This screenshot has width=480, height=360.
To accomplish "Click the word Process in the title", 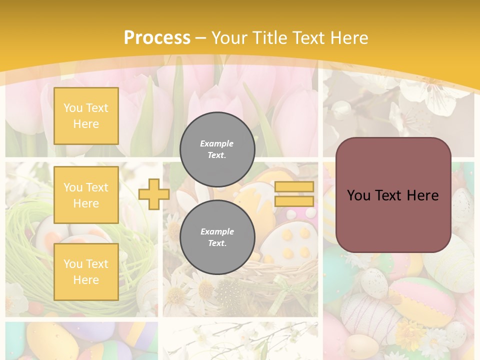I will [x=157, y=38].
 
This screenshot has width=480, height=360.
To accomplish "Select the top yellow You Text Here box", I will [x=86, y=116].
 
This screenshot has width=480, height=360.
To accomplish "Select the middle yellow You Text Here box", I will [x=86, y=195].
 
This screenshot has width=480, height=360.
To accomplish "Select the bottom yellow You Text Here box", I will [x=86, y=271].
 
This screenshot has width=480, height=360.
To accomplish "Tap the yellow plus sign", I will [x=153, y=194].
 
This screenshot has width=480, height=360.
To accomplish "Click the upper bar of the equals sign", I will [x=294, y=187].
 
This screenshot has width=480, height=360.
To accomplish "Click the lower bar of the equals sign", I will [x=294, y=201].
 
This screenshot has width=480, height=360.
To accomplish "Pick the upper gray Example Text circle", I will [x=217, y=149].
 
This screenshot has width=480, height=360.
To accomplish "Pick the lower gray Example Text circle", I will [x=217, y=237].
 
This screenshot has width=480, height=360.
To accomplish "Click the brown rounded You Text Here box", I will [x=393, y=195].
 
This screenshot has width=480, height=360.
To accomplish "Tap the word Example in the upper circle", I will [x=217, y=143].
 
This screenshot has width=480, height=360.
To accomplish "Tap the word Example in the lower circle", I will [x=217, y=231].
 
